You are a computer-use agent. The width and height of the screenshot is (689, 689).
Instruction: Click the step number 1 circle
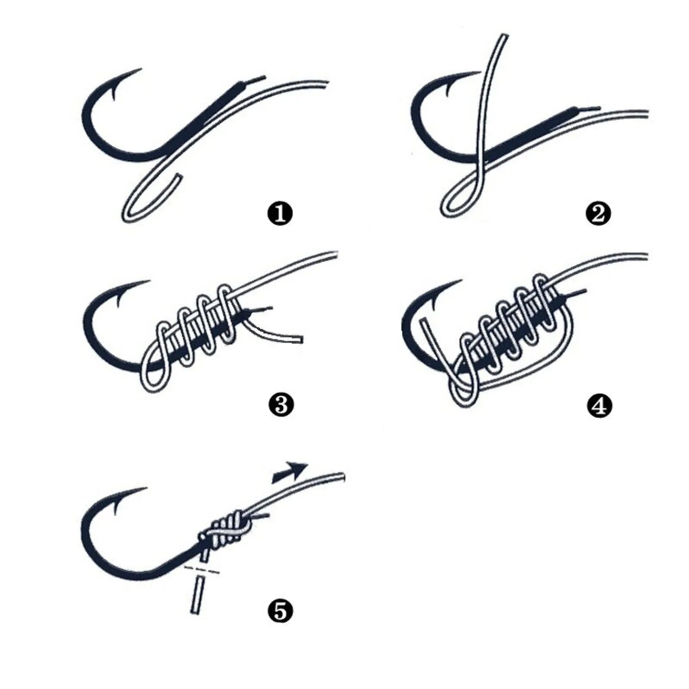pos(280,214)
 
